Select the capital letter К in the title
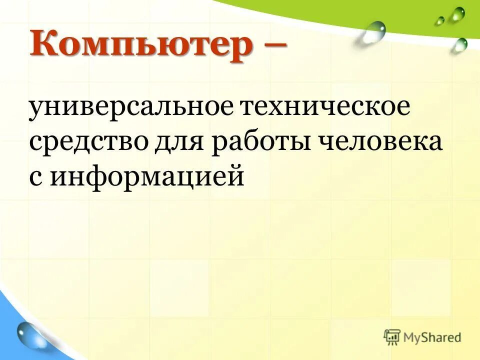point(44,45)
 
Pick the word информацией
point(147,178)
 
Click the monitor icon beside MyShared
point(393,337)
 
